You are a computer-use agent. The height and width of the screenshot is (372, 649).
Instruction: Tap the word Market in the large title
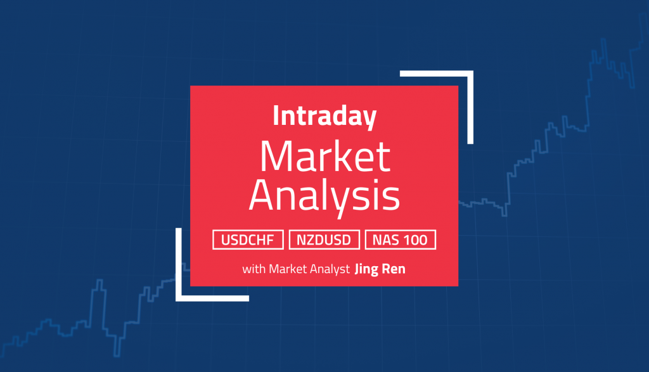(324, 157)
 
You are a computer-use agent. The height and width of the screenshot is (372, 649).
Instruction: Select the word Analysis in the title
(324, 197)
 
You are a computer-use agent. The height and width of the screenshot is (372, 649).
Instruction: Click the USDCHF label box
(248, 240)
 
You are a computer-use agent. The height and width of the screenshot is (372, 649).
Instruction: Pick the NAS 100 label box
(400, 240)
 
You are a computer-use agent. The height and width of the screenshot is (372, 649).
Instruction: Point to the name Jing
(368, 269)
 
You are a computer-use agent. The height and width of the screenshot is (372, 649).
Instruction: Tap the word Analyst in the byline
(330, 269)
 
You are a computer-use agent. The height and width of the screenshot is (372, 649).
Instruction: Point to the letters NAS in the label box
(386, 240)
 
